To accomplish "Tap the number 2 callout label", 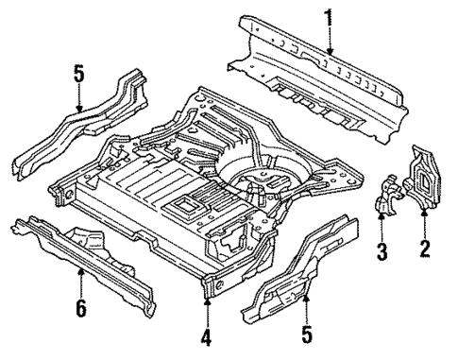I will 424,249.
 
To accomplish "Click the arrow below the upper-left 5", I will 80,96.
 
